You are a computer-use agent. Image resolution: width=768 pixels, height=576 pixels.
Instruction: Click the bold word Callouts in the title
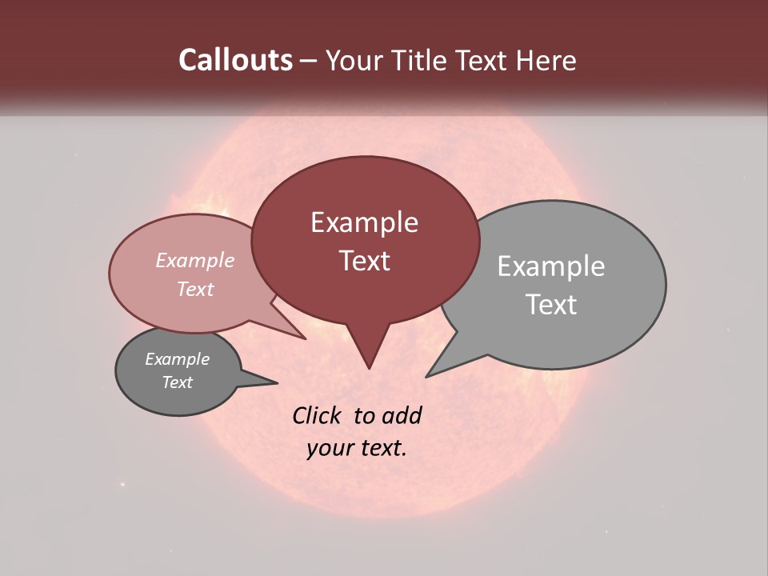coord(235,60)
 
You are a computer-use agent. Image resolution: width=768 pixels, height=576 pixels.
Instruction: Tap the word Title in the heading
coord(426,60)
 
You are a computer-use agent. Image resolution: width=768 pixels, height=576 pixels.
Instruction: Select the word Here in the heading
coord(547,60)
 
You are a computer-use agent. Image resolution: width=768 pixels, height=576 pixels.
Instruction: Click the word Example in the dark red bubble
coord(364,222)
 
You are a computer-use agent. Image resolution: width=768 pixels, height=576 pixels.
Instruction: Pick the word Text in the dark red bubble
coord(364,261)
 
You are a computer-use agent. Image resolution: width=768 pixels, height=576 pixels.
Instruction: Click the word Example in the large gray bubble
coord(550,266)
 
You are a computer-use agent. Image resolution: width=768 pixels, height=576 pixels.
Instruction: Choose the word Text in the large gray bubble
coord(550,305)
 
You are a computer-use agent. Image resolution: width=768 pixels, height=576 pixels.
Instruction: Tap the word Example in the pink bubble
coord(194,260)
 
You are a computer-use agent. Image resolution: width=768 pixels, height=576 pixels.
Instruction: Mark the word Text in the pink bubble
coord(194,289)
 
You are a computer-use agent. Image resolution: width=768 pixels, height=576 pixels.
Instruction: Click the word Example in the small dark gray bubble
coord(177,359)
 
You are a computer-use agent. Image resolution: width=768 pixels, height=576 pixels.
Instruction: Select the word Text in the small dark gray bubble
coord(177,382)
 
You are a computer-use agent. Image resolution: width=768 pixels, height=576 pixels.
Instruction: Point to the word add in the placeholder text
coord(402,415)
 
